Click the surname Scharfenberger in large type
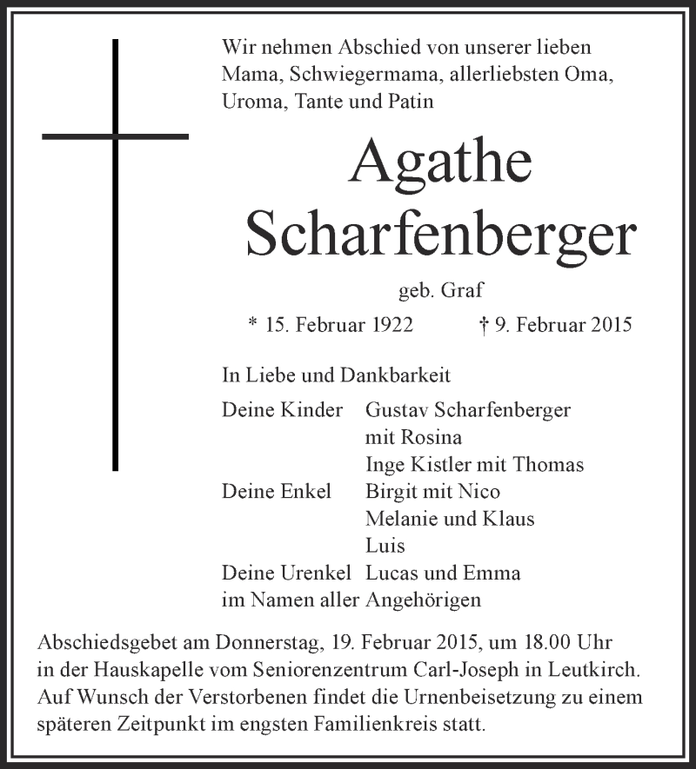pos(441,232)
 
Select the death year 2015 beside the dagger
pos(607,325)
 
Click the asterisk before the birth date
pos(252,323)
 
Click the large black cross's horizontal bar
pos(115,136)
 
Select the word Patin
pos(409,102)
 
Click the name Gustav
pos(398,410)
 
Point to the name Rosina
pos(432,437)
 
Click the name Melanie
pos(405,519)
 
